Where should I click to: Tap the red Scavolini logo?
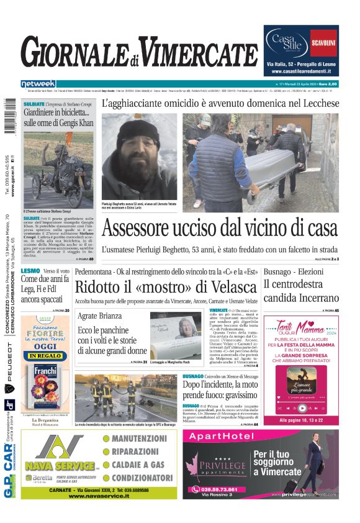point(323,43)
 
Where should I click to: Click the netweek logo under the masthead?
point(38,83)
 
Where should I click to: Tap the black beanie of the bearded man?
point(138,132)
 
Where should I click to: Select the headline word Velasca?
point(233,288)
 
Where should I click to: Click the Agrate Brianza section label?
point(100,316)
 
